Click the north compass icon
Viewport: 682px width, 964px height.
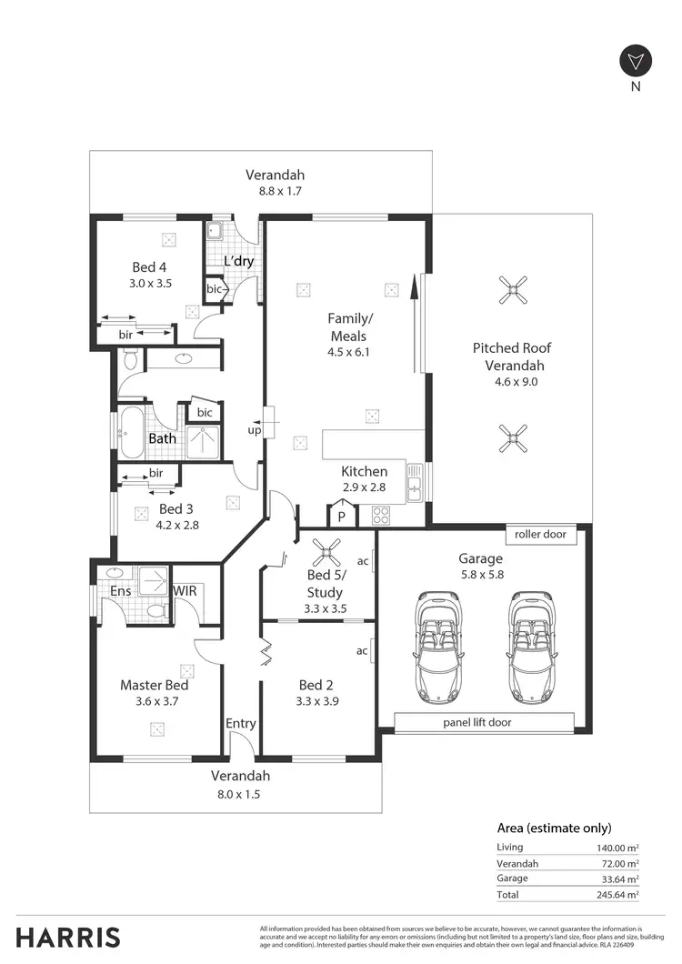[636, 62]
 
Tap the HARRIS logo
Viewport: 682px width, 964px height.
[68, 937]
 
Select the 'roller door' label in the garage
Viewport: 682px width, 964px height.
[540, 535]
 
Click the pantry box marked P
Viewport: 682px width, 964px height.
[342, 517]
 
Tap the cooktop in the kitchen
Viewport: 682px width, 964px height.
[380, 516]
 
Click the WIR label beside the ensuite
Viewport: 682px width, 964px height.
[186, 591]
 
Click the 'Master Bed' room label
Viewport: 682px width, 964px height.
[155, 685]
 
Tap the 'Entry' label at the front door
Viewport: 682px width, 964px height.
[241, 723]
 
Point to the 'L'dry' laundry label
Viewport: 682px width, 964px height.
[238, 262]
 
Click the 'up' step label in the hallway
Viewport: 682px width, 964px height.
[255, 429]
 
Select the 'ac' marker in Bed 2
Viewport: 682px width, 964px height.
[362, 651]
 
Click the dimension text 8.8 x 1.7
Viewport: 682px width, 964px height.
[280, 192]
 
